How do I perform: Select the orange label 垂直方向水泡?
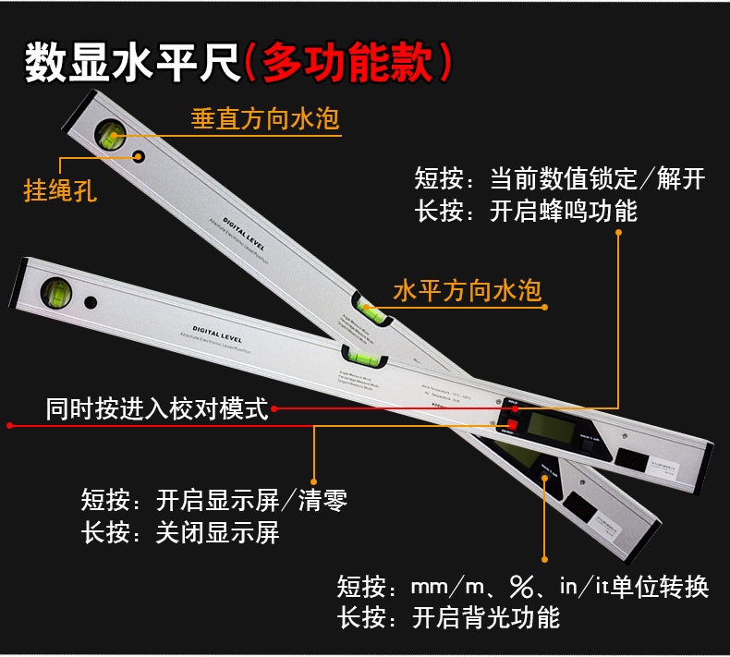tap(265, 119)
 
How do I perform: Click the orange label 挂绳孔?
tap(59, 191)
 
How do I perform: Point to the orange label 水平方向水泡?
tap(467, 291)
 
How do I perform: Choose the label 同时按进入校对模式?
tap(157, 408)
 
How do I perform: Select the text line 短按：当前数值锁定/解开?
tap(560, 178)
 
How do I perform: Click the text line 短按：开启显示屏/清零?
tap(214, 502)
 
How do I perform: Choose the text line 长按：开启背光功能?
tap(449, 616)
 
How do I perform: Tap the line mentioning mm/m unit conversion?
tap(523, 586)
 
